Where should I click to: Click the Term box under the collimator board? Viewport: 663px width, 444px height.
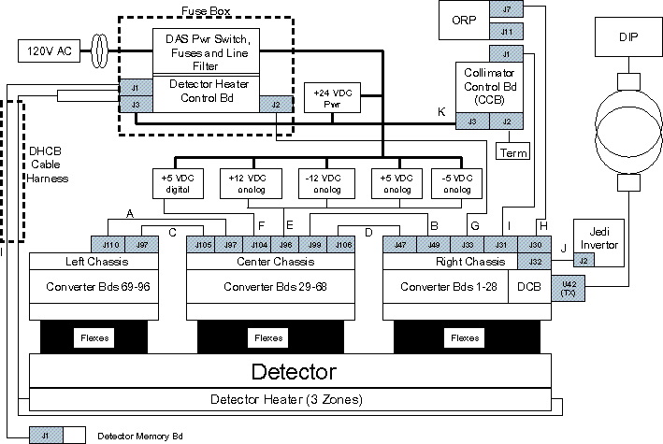[x=513, y=152]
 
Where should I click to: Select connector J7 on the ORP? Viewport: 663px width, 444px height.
[x=506, y=9]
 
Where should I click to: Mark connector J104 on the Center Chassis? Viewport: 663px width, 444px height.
[x=261, y=245]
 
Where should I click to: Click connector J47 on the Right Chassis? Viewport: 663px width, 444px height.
[x=400, y=245]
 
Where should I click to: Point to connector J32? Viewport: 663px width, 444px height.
[x=534, y=262]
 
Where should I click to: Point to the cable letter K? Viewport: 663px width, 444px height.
[x=440, y=112]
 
